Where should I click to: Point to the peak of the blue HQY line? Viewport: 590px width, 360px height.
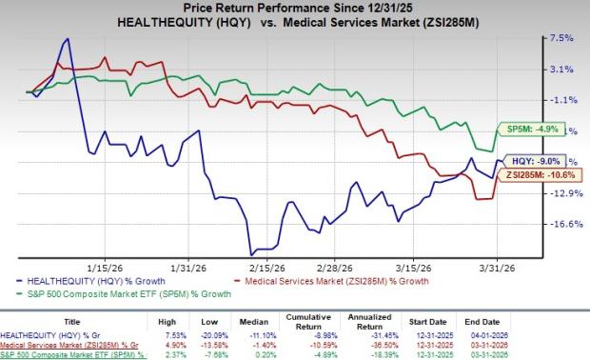(66, 39)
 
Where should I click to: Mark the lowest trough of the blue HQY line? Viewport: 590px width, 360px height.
(252, 253)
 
